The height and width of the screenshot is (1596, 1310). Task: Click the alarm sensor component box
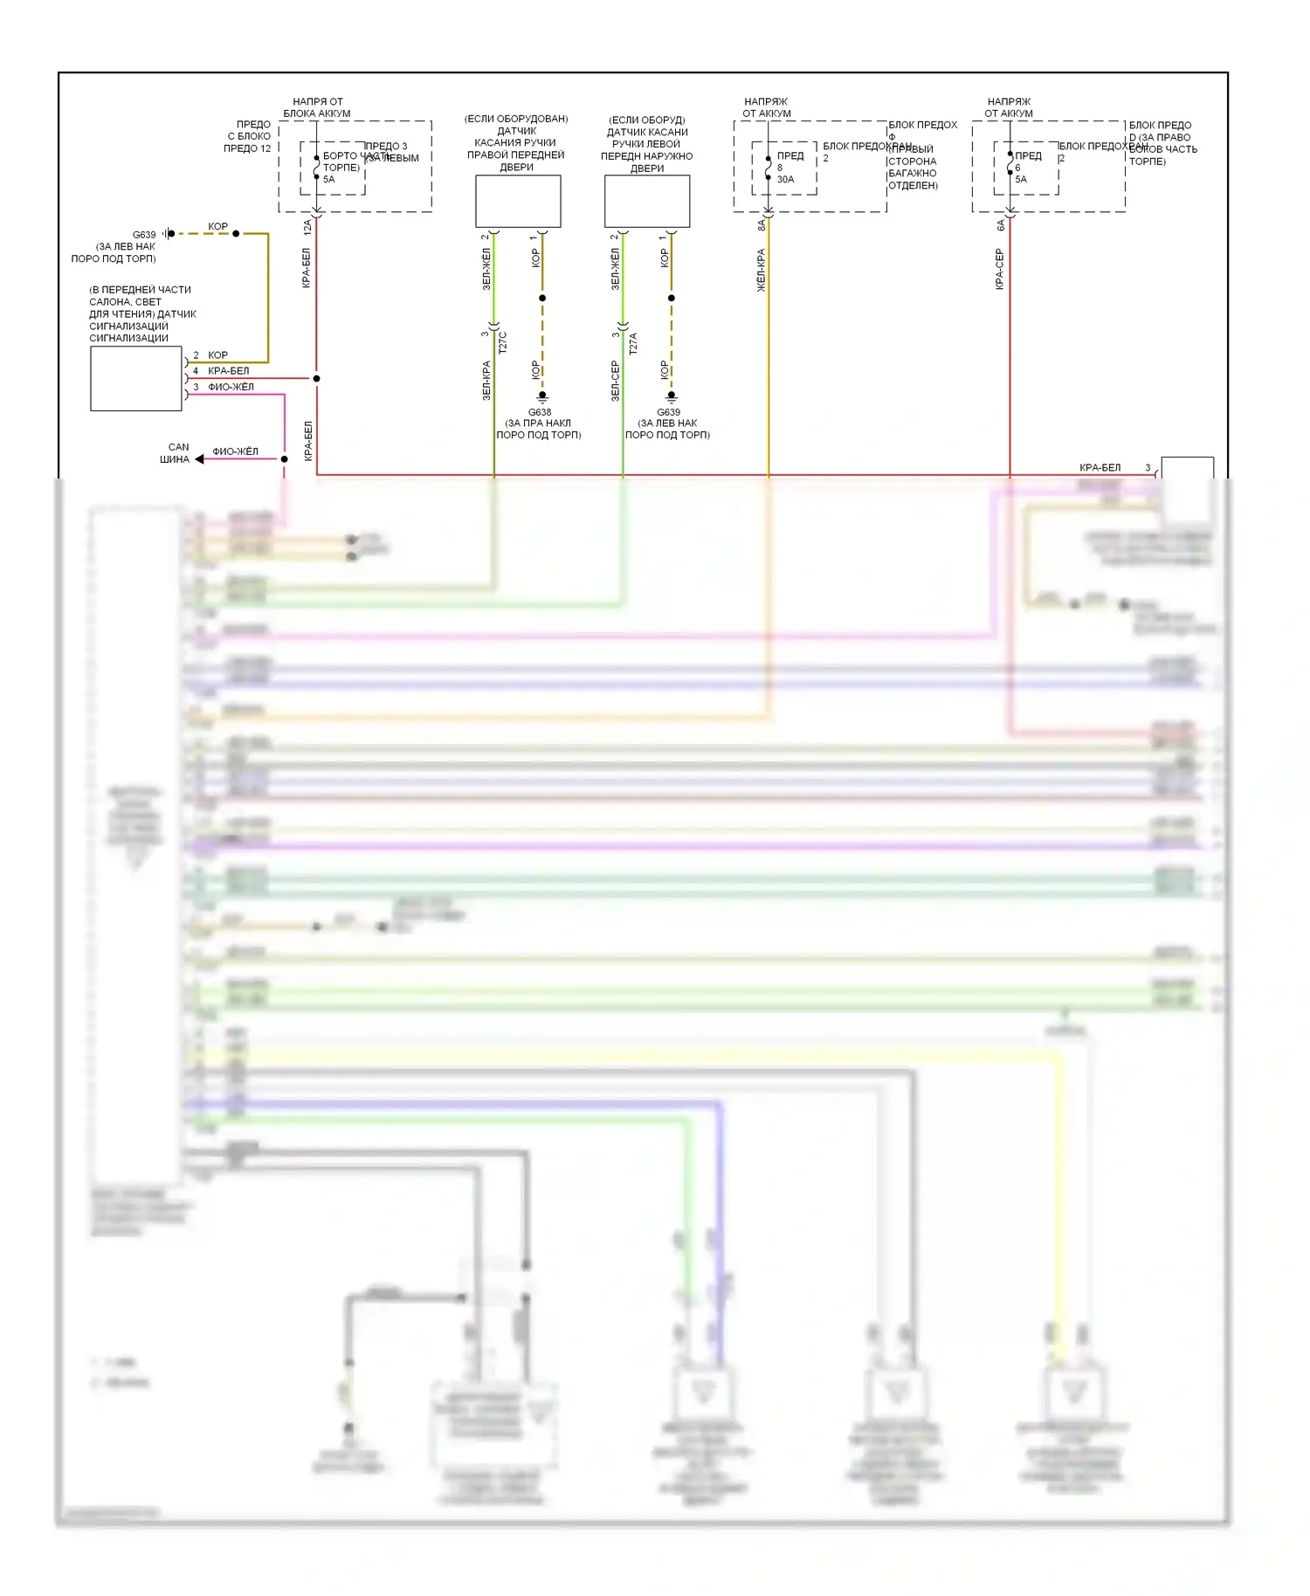pyautogui.click(x=136, y=378)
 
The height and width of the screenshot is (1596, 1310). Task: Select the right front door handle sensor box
pyautogui.click(x=518, y=201)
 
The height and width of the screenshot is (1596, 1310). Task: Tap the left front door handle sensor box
pyautogui.click(x=647, y=201)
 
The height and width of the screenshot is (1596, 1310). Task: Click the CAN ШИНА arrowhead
pyautogui.click(x=199, y=458)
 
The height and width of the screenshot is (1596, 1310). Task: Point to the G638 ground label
pyautogui.click(x=540, y=412)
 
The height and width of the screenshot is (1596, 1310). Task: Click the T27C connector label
pyautogui.click(x=503, y=341)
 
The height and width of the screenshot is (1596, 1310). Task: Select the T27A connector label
pyautogui.click(x=633, y=341)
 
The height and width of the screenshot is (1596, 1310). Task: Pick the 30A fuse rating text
pyautogui.click(x=785, y=179)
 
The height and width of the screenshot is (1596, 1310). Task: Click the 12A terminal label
pyautogui.click(x=307, y=227)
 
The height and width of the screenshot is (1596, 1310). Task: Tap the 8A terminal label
pyautogui.click(x=762, y=224)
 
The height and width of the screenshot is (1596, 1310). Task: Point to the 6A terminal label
pyautogui.click(x=1001, y=224)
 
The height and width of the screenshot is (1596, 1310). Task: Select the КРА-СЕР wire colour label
pyautogui.click(x=1000, y=269)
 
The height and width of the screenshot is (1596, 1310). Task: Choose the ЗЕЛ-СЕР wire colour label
pyautogui.click(x=615, y=380)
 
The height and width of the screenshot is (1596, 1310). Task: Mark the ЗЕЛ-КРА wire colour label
pyautogui.click(x=486, y=380)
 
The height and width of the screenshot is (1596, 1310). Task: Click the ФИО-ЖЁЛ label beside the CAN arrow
pyautogui.click(x=235, y=451)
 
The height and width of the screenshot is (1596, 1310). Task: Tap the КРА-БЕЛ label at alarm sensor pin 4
pyautogui.click(x=228, y=371)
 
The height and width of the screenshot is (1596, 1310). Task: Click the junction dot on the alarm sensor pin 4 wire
pyautogui.click(x=316, y=378)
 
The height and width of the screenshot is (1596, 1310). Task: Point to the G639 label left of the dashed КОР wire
pyautogui.click(x=144, y=234)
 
